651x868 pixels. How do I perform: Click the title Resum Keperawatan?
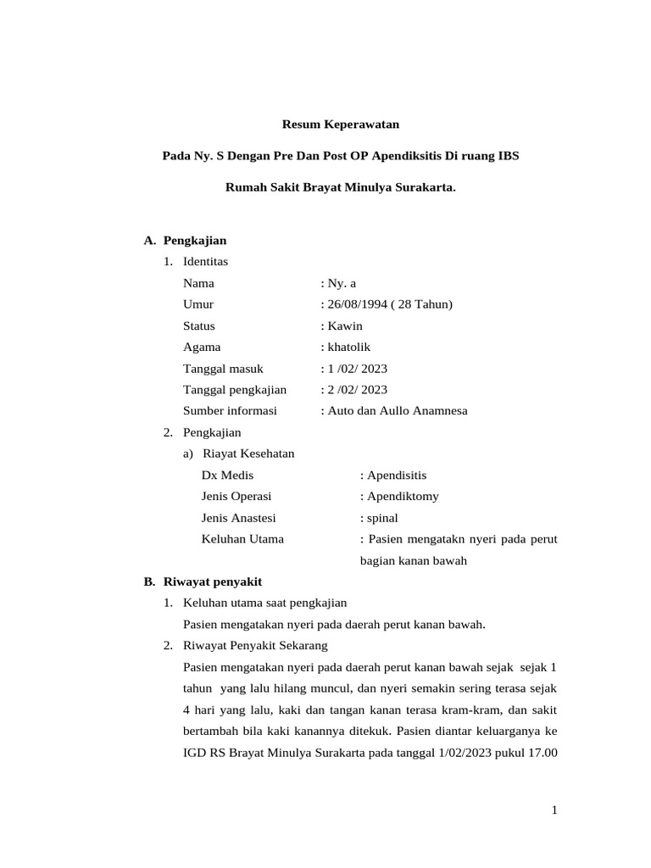pyautogui.click(x=340, y=125)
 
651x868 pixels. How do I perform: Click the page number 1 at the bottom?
pyautogui.click(x=554, y=810)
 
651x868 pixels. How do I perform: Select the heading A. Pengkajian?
pyautogui.click(x=186, y=241)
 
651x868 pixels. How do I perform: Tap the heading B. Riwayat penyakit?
pyautogui.click(x=203, y=581)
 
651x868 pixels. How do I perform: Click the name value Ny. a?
pyautogui.click(x=342, y=283)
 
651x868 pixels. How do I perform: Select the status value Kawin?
pyautogui.click(x=344, y=325)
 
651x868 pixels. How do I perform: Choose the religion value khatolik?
pyautogui.click(x=348, y=347)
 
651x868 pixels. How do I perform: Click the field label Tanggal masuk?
pyautogui.click(x=223, y=368)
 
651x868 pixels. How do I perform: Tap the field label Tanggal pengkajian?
pyautogui.click(x=235, y=389)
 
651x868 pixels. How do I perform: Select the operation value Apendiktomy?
pyautogui.click(x=403, y=496)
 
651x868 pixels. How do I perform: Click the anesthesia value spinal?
pyautogui.click(x=381, y=517)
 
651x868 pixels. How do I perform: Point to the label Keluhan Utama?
pyautogui.click(x=242, y=538)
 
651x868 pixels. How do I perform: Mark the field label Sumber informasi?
pyautogui.click(x=230, y=410)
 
